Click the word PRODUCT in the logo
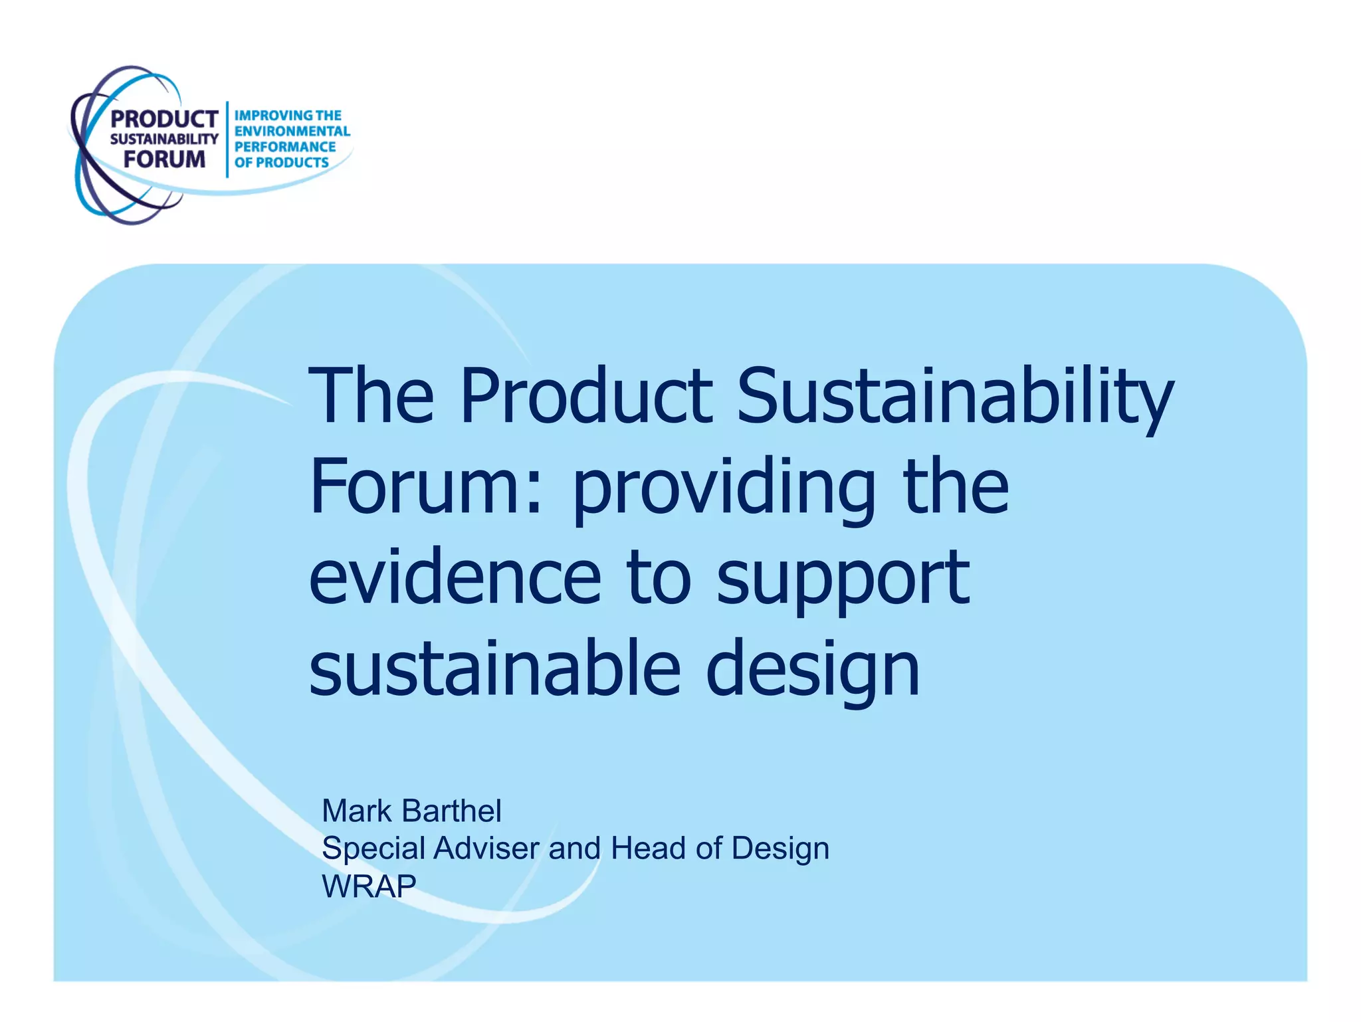163,119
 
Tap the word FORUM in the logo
164,159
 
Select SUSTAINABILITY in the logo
163,139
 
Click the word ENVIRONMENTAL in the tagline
292,131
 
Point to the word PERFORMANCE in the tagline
285,147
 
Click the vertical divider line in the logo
227,140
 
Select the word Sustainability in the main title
955,399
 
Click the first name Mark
356,811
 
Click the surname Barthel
452,811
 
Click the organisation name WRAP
369,886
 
